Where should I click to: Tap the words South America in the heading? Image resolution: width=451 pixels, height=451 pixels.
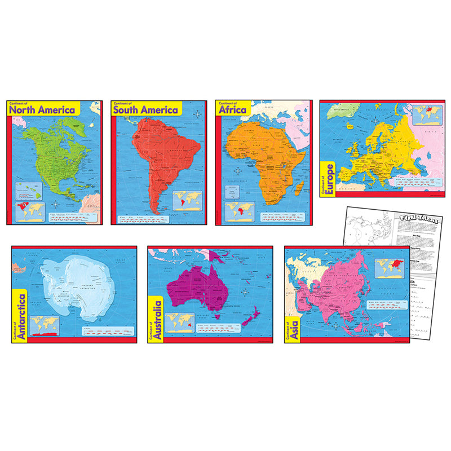coord(145,110)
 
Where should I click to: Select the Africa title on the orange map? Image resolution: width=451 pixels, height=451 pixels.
coord(233,109)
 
